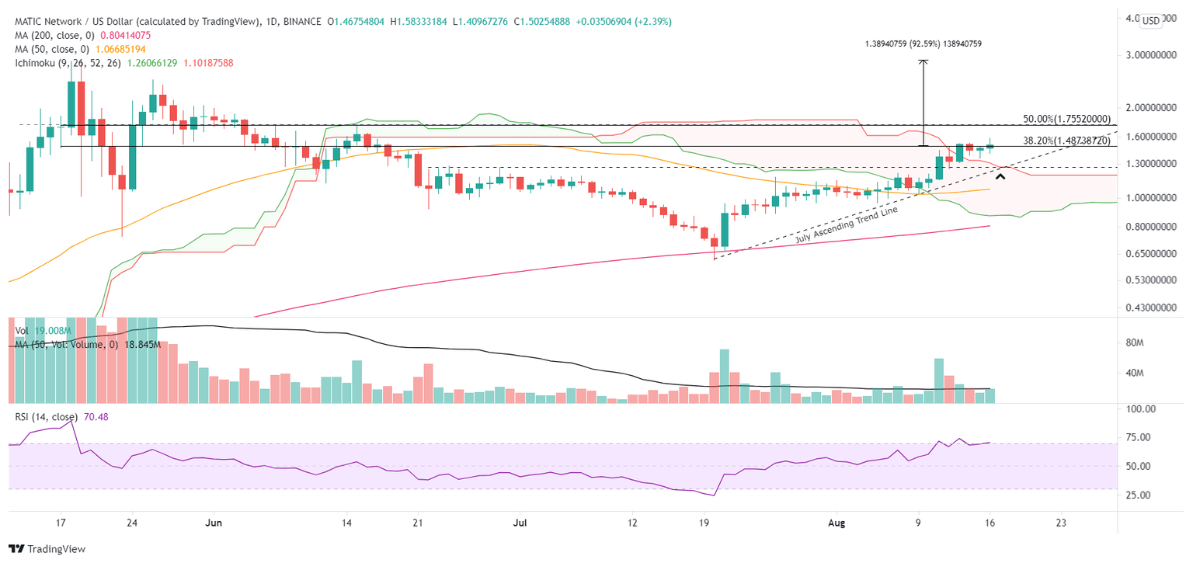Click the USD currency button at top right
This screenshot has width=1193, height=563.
point(1151,20)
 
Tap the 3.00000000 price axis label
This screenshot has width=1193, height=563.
point(1151,55)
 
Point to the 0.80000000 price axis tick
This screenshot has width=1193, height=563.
point(1151,227)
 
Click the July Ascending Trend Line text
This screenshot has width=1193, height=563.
point(841,224)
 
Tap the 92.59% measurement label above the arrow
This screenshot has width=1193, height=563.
point(923,44)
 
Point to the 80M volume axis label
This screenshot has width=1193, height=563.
point(1138,342)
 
